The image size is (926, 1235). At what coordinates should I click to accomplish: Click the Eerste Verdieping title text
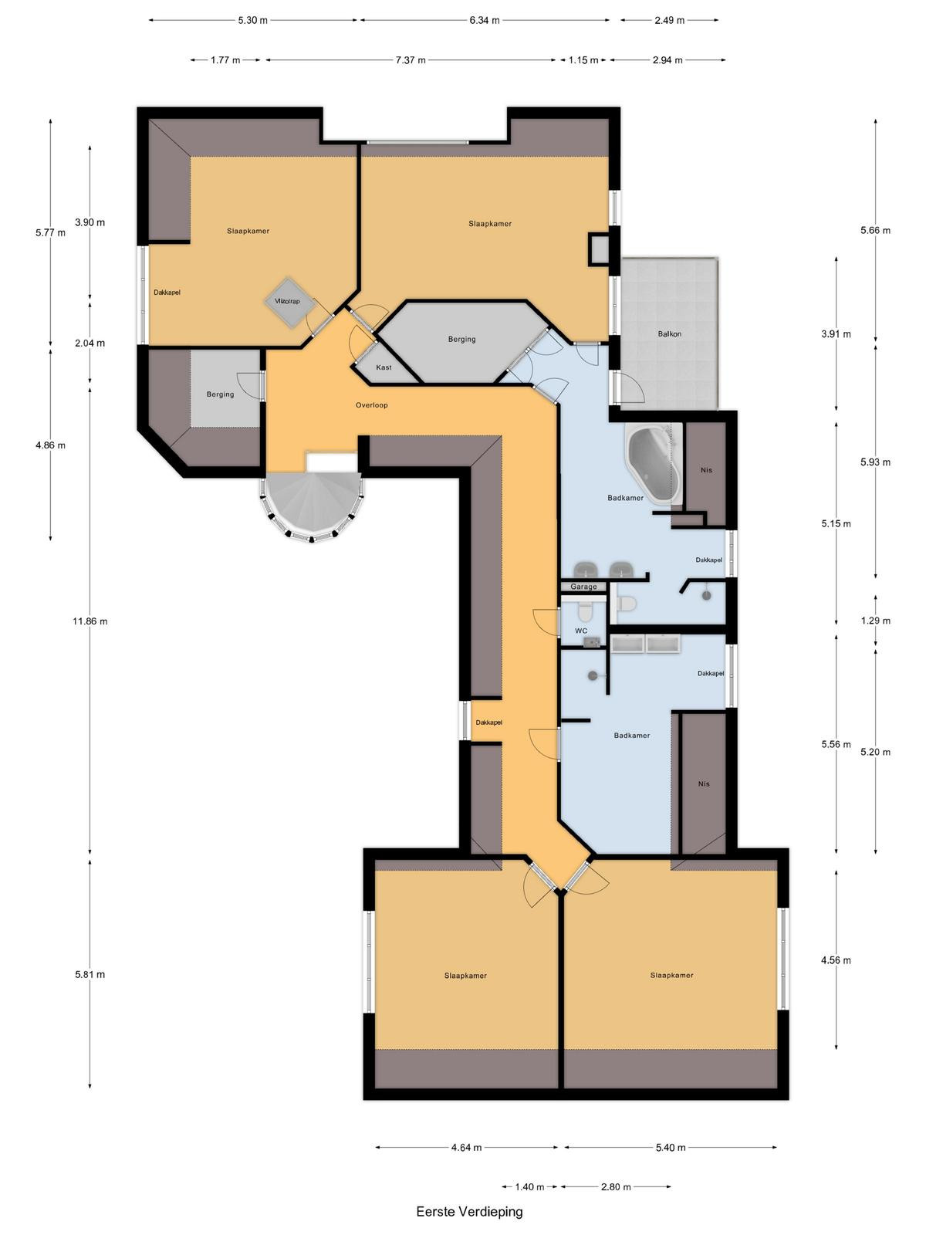coord(469,1211)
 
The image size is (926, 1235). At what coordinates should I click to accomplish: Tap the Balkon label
coord(669,333)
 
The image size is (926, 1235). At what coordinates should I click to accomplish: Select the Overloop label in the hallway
coord(372,405)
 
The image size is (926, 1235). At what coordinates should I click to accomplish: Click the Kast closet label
coord(384,367)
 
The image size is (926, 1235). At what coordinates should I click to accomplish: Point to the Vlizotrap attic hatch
coord(288,302)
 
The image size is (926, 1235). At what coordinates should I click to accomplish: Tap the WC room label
coord(581,631)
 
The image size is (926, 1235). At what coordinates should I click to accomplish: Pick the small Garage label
coord(583,587)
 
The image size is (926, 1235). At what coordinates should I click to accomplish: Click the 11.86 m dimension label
coord(90,621)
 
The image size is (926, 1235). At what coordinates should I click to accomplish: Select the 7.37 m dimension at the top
coord(411,59)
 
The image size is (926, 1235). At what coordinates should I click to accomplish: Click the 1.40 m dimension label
coord(529,1186)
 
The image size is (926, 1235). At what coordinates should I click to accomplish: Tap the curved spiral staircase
coord(311,506)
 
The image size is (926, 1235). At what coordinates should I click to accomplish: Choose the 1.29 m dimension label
coord(876,621)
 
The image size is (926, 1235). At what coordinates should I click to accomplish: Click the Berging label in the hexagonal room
coord(461,340)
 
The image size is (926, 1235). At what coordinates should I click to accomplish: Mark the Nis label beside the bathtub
coord(706,470)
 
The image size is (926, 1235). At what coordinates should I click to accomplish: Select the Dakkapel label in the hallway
coord(488,722)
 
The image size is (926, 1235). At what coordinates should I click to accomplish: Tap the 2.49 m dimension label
coord(669,20)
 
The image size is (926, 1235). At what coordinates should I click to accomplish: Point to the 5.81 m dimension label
coord(90,975)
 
